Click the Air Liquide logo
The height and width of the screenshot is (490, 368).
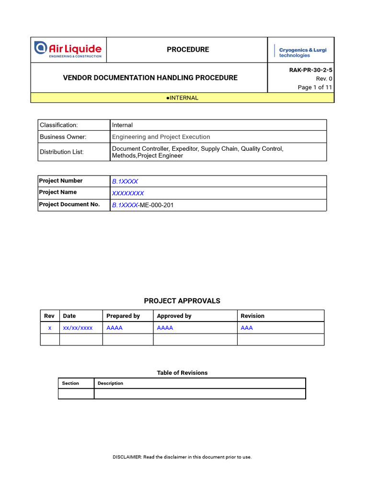(68, 50)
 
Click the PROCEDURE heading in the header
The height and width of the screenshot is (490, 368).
(188, 50)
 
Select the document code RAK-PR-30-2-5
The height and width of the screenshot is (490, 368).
(310, 70)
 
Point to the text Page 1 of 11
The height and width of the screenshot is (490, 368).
(315, 87)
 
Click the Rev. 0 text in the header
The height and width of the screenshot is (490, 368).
(324, 78)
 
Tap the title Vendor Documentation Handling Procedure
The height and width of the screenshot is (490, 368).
(150, 78)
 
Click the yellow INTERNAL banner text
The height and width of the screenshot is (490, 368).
(182, 98)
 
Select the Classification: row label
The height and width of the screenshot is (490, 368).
(58, 125)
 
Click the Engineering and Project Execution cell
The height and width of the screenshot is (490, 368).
(161, 137)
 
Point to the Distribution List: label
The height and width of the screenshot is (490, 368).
(61, 152)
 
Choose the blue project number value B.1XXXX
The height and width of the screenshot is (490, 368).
(125, 181)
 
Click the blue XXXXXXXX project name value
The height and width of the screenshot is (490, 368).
(128, 193)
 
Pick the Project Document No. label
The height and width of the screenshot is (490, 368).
(69, 204)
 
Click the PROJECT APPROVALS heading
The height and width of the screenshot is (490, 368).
(182, 301)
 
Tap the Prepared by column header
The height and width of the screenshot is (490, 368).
(123, 316)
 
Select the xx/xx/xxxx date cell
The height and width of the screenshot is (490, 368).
(78, 328)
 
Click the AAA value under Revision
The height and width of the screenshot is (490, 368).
(247, 328)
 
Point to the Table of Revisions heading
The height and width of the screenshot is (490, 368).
(182, 373)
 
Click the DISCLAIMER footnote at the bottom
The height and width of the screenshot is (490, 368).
(182, 457)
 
